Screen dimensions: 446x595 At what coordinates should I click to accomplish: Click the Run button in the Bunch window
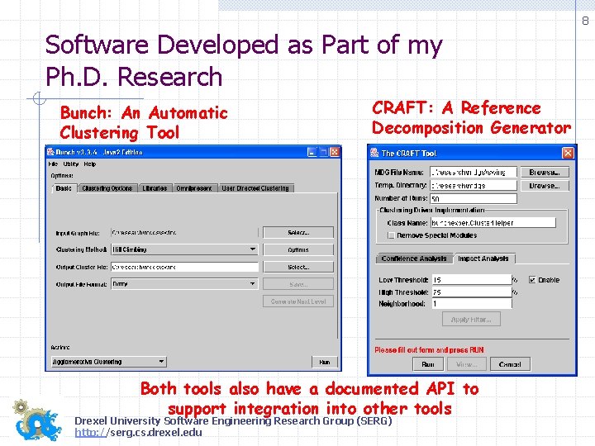tap(324, 362)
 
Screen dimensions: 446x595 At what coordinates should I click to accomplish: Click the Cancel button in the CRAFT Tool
tap(510, 364)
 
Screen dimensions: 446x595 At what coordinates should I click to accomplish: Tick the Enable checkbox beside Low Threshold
tap(533, 280)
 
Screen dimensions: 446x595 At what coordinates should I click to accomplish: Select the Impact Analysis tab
tap(483, 259)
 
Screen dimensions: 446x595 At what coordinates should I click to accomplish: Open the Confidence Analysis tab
tap(414, 259)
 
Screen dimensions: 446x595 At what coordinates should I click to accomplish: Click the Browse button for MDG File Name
tap(544, 173)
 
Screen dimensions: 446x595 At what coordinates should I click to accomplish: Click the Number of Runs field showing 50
tap(473, 198)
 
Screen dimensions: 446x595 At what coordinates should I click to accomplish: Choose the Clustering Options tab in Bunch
tap(107, 188)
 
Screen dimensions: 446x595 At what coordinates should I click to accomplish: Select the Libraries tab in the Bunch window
tap(155, 188)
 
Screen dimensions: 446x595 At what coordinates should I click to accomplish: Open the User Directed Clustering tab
tap(255, 188)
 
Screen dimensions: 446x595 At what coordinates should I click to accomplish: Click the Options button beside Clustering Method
tap(298, 249)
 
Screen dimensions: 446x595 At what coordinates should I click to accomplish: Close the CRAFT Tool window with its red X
tap(568, 153)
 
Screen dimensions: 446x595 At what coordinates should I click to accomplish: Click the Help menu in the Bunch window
tap(90, 164)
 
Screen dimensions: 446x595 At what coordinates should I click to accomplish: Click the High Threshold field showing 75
tap(471, 292)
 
